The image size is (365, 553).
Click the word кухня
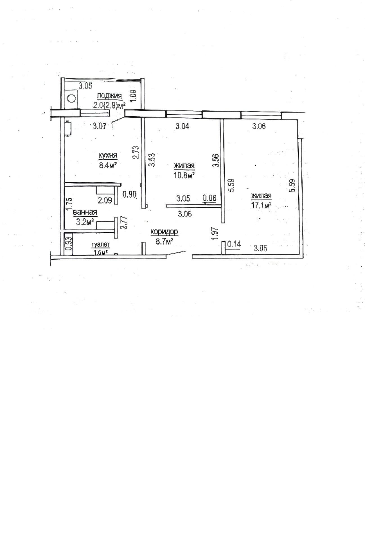point(108,156)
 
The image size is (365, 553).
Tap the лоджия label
point(109,96)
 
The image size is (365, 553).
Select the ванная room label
point(85,212)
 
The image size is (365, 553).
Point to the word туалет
point(100,245)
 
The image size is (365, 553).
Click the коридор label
point(165,232)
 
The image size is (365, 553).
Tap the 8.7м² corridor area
point(165,241)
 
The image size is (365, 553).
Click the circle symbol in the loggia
point(71,98)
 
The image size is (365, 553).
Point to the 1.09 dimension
point(134,96)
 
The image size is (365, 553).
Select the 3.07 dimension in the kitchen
point(100,126)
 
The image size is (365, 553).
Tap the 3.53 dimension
point(152,160)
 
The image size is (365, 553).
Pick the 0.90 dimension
point(130,194)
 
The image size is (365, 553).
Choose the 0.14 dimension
point(234,244)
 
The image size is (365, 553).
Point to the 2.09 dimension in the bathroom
point(105,200)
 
